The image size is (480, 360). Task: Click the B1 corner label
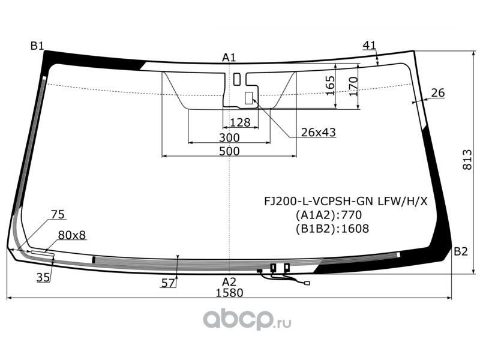point(37,46)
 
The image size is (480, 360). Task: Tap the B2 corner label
point(460,251)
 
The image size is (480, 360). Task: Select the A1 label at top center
point(229,58)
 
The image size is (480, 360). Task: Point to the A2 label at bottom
point(229,281)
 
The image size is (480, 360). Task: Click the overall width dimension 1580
point(229,293)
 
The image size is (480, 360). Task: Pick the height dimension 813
point(467,159)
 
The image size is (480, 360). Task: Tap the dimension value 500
point(229,151)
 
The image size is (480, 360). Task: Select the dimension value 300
point(229,137)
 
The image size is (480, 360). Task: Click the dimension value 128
point(239,122)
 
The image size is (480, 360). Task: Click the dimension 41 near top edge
point(370,45)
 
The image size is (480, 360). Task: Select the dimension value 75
point(58,214)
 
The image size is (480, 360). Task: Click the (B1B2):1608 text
point(332,228)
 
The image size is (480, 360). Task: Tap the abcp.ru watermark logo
point(247,319)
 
